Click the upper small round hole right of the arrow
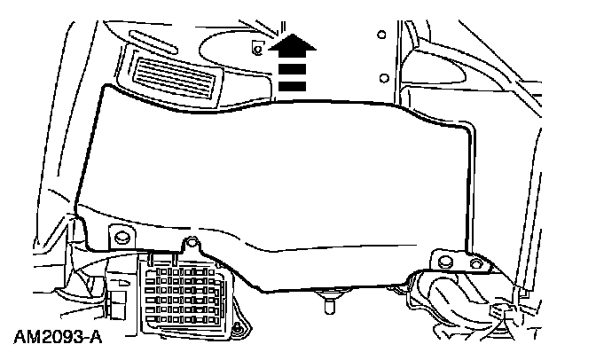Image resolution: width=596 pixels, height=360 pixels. pyautogui.click(x=380, y=35)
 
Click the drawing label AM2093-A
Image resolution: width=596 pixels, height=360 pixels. pyautogui.click(x=54, y=338)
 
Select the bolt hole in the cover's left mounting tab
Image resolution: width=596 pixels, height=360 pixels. pyautogui.click(x=119, y=237)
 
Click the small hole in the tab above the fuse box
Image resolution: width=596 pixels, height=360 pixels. pyautogui.click(x=189, y=243)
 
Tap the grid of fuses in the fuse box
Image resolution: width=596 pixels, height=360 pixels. pyautogui.click(x=191, y=297)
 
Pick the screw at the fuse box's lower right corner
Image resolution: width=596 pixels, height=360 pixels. pyautogui.click(x=235, y=333)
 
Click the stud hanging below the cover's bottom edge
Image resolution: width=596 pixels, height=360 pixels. pyautogui.click(x=329, y=304)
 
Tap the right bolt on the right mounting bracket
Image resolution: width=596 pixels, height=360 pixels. pyautogui.click(x=477, y=263)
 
